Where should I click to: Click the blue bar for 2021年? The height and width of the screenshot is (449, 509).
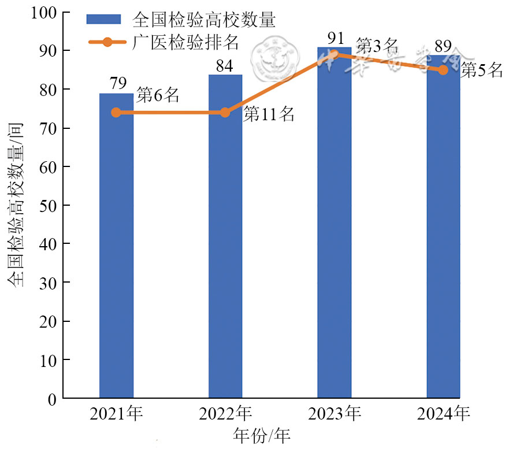pyautogui.click(x=116, y=246)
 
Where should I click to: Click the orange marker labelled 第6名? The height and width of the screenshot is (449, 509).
pyautogui.click(x=116, y=112)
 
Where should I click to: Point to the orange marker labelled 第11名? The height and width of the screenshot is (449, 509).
pyautogui.click(x=225, y=112)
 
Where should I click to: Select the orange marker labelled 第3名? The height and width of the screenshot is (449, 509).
pyautogui.click(x=334, y=54)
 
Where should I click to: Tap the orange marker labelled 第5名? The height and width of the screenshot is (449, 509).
pyautogui.click(x=443, y=70)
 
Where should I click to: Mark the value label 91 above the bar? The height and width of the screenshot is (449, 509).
pyautogui.click(x=334, y=38)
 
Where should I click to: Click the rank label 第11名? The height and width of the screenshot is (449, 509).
pyautogui.click(x=269, y=114)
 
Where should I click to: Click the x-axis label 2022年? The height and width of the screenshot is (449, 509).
pyautogui.click(x=225, y=414)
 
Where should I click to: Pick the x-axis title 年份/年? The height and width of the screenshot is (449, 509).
pyautogui.click(x=261, y=435)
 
